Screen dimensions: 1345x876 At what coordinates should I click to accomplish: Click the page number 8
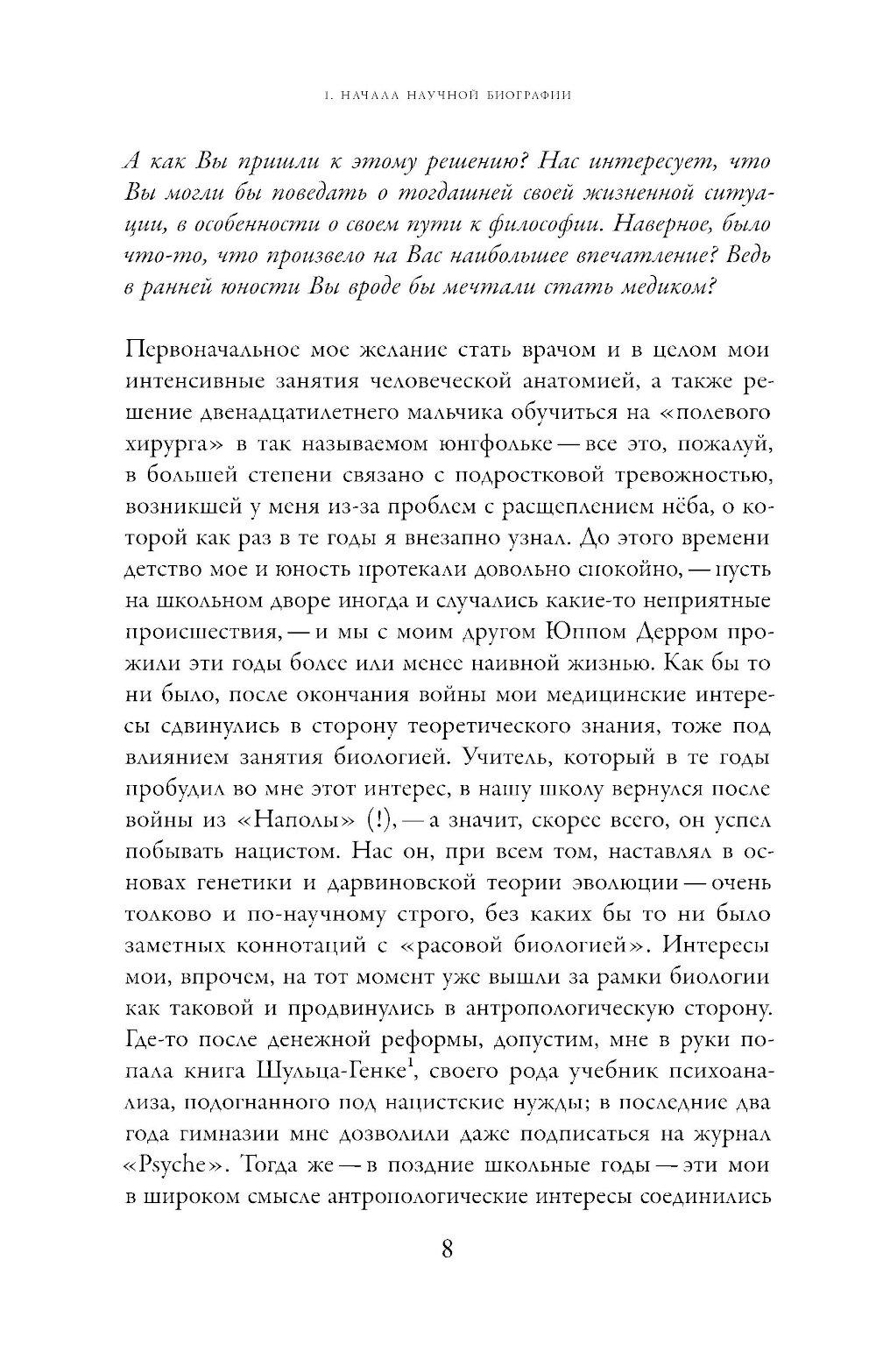[x=446, y=1274]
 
